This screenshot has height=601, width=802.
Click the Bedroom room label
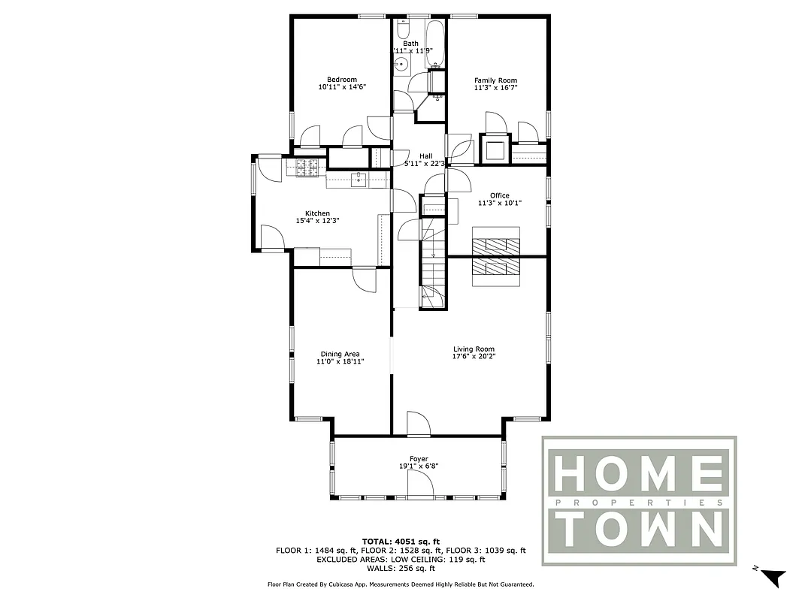point(341,80)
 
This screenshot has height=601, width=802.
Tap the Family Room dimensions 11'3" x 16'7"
point(495,88)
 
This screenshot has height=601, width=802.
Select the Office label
point(500,195)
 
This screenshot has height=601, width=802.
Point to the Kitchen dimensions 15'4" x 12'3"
point(317,221)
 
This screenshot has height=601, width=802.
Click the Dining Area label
point(340,354)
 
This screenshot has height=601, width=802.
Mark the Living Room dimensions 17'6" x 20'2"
point(474,356)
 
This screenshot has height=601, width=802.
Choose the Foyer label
point(419,458)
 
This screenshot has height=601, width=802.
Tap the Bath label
point(410,44)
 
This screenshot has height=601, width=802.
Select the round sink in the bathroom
point(401,65)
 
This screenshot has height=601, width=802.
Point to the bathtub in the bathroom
point(434,42)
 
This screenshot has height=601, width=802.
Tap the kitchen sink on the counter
point(359,180)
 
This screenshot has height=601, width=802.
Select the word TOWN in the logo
point(640,530)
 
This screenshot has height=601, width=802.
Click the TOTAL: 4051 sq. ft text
point(401,541)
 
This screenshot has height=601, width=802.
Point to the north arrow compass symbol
point(773,576)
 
